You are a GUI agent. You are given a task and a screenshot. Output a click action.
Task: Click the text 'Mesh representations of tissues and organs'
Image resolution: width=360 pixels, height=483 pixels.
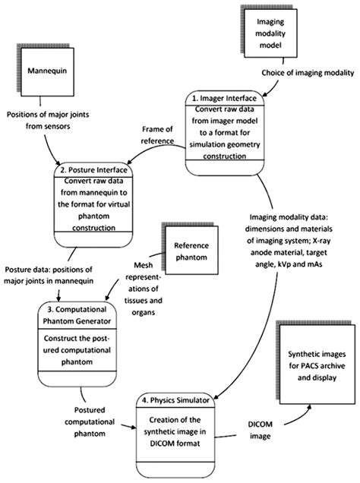tap(141, 292)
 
